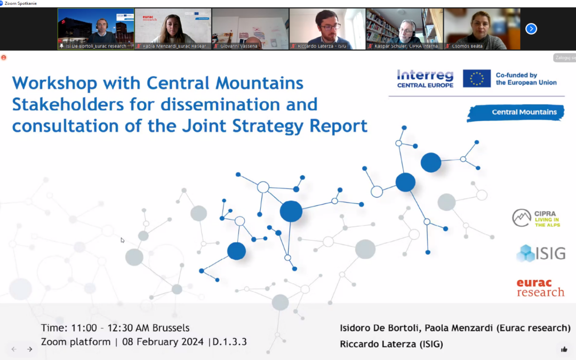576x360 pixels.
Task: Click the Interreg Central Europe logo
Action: (x=425, y=78)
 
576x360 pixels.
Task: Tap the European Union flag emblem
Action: (x=476, y=78)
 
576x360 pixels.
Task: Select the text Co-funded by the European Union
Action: (x=526, y=79)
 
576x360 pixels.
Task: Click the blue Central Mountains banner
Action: (x=516, y=113)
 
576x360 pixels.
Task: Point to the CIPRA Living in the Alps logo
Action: (x=536, y=218)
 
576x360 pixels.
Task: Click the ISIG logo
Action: (x=541, y=253)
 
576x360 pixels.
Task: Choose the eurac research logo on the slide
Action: (x=540, y=288)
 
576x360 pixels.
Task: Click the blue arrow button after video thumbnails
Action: (x=531, y=29)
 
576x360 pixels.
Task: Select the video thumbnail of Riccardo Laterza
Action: (x=327, y=29)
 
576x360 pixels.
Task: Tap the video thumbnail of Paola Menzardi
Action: (x=173, y=29)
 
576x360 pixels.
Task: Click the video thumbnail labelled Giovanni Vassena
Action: (x=250, y=29)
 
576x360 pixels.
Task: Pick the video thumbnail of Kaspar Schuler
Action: (x=405, y=29)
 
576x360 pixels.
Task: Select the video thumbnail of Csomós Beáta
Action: (x=482, y=29)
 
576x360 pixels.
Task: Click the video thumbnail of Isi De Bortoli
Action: (x=96, y=29)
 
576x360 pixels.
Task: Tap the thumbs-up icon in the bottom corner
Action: (x=564, y=349)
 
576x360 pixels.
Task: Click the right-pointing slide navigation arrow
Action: (x=30, y=349)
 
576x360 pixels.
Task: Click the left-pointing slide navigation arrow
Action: (x=14, y=349)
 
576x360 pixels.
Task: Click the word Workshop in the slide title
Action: (x=54, y=83)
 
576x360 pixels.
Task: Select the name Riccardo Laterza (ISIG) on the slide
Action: (x=391, y=345)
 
